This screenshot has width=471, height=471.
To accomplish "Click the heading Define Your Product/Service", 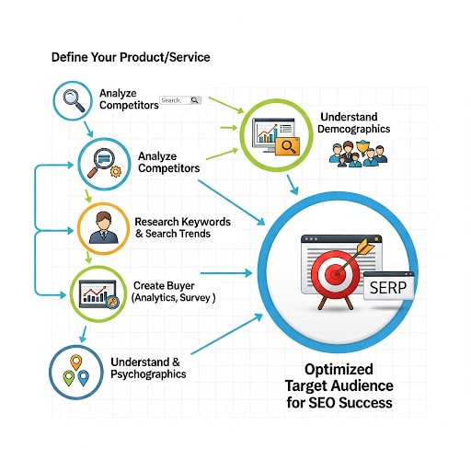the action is pyautogui.click(x=131, y=57).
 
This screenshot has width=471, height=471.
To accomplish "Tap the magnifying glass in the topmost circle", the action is pyautogui.click(x=74, y=100).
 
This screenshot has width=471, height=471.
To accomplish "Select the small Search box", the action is pyautogui.click(x=180, y=100).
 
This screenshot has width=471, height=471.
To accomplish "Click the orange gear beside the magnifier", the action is pyautogui.click(x=116, y=171).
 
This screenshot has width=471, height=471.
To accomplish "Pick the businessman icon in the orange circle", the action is pyautogui.click(x=103, y=228).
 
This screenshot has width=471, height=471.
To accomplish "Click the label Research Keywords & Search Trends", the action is pyautogui.click(x=182, y=227).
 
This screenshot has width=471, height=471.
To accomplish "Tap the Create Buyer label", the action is pyautogui.click(x=164, y=285).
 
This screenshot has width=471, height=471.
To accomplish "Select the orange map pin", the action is pyautogui.click(x=76, y=362).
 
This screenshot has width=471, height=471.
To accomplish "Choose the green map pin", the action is pyautogui.click(x=68, y=378).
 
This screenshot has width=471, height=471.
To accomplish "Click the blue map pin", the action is pyautogui.click(x=83, y=378).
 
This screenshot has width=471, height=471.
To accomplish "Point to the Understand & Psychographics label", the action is pyautogui.click(x=148, y=368).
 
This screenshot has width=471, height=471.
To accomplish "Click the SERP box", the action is pyautogui.click(x=388, y=286).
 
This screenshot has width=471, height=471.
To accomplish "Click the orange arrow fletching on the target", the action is pyautogui.click(x=365, y=247).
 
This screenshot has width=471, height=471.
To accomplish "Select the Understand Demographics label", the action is pyautogui.click(x=354, y=122).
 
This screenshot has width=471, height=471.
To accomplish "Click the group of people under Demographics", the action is pyautogui.click(x=358, y=154).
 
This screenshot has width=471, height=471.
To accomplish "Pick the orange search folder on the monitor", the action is pyautogui.click(x=287, y=146).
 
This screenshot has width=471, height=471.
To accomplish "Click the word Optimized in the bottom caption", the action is pyautogui.click(x=339, y=369).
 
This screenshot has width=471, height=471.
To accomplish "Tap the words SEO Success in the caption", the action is pyautogui.click(x=350, y=402).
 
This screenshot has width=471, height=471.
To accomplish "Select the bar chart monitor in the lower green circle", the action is pyautogui.click(x=98, y=294).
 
